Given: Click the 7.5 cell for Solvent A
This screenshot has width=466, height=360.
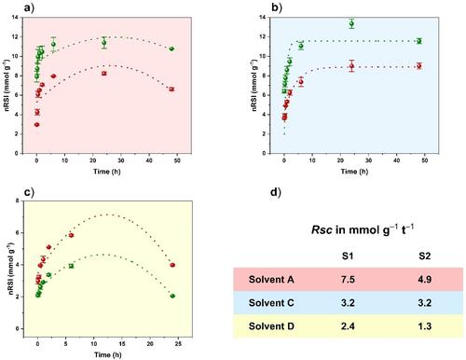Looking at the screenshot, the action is click(x=348, y=279).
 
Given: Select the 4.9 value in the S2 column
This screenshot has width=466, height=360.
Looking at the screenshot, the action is click(x=424, y=279).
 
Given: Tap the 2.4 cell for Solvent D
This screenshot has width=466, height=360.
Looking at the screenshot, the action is click(x=348, y=326).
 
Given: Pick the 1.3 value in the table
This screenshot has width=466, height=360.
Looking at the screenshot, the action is click(x=424, y=326).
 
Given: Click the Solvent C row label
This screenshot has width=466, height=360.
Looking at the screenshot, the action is click(x=271, y=302).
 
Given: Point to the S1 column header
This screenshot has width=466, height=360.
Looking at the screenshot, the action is click(x=348, y=256).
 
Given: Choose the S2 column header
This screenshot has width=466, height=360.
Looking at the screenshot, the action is click(x=424, y=256).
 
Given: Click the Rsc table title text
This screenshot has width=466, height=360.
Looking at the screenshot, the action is click(x=363, y=229).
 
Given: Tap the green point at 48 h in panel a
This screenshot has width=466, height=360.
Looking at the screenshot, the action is click(x=171, y=48).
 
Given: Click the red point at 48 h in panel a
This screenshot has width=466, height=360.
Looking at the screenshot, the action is click(x=171, y=90).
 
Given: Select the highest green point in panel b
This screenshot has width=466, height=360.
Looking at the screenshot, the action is click(x=351, y=23).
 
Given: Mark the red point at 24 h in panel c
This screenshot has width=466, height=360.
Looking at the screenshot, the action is click(x=172, y=265).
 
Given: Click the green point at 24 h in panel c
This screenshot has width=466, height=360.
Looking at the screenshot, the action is click(x=172, y=296).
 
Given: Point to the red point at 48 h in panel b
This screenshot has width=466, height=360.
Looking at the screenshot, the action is click(x=419, y=66).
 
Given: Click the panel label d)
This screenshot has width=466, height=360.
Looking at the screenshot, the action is click(x=276, y=192).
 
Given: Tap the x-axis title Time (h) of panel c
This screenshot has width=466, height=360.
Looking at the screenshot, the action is click(x=108, y=354).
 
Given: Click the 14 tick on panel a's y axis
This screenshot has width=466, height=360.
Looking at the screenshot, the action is click(x=15, y=17).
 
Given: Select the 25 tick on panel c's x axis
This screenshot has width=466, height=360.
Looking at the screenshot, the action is click(x=178, y=343).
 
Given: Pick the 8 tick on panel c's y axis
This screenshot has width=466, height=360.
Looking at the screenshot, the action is click(x=18, y=201).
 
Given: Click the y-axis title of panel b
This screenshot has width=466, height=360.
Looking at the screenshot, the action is click(x=254, y=85).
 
